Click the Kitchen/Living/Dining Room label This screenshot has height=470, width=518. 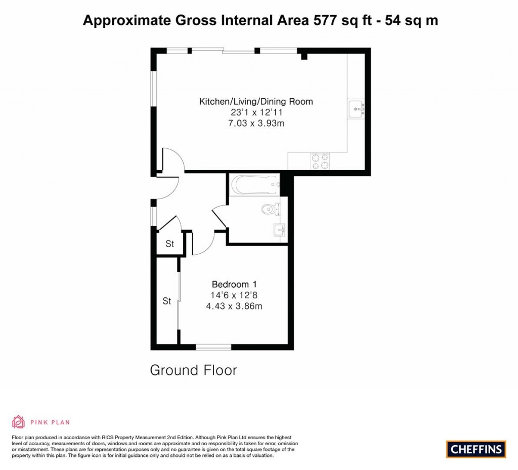pyautogui.click(x=256, y=101)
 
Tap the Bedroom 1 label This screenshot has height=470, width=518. pyautogui.click(x=234, y=284)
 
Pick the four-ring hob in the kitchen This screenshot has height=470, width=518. pyautogui.click(x=320, y=161)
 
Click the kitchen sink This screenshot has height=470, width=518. pyautogui.click(x=357, y=108)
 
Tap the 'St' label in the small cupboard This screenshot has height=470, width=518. pyautogui.click(x=169, y=244)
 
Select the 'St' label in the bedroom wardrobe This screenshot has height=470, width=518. pyautogui.click(x=167, y=301)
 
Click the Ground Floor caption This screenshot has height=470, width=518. pyautogui.click(x=193, y=370)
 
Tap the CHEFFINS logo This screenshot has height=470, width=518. pyautogui.click(x=476, y=449)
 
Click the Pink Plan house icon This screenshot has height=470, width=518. pyautogui.click(x=19, y=422)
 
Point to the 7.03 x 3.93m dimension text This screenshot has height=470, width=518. pyautogui.click(x=256, y=124)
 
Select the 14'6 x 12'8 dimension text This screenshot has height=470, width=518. pyautogui.click(x=234, y=295)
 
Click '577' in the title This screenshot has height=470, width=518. pyautogui.click(x=325, y=20)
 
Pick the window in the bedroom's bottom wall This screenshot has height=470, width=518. pyautogui.click(x=213, y=347)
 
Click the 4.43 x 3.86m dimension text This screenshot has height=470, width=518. pyautogui.click(x=234, y=306)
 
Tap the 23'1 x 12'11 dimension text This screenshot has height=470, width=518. pyautogui.click(x=256, y=112)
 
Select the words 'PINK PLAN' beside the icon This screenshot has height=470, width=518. pyautogui.click(x=50, y=422)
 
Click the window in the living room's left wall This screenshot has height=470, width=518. pyautogui.click(x=154, y=88)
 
